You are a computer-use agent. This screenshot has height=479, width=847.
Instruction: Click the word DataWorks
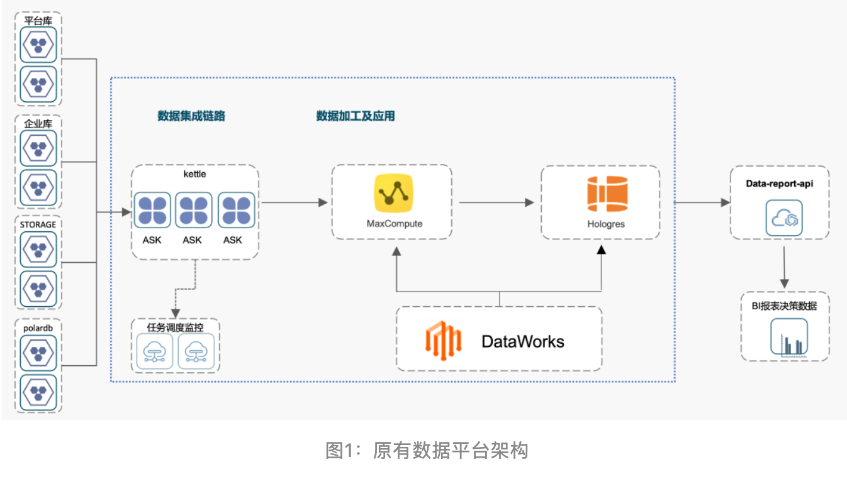coord(522,341)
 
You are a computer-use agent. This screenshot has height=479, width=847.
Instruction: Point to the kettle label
coord(194,173)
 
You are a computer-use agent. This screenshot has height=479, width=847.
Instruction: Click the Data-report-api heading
coord(780,184)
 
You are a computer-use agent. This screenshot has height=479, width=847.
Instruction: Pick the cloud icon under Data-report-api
coord(784,217)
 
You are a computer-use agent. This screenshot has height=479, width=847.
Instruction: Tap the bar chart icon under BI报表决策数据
coord(789,338)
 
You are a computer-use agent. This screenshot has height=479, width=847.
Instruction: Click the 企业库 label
coord(38,123)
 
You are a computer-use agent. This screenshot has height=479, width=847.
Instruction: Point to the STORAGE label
coord(38,224)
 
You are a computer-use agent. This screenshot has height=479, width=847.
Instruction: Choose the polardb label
coord(38,328)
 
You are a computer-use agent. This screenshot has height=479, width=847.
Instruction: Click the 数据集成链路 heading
coord(191,116)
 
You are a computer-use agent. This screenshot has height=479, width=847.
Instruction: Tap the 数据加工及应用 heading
coord(356,116)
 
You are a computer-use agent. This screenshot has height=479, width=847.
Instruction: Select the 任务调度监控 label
coord(176,327)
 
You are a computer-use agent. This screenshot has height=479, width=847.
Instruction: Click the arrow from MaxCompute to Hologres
coord(496,202)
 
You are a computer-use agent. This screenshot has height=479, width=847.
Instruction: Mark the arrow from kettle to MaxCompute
coord(294,202)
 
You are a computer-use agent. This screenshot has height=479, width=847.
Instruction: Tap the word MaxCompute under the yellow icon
coord(395,223)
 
